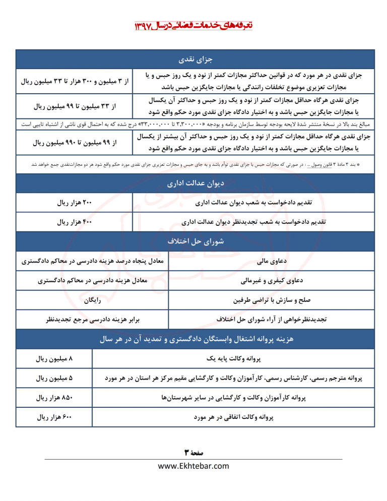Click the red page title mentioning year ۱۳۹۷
click(193, 25)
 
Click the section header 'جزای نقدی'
click(193, 60)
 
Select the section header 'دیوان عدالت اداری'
click(193, 184)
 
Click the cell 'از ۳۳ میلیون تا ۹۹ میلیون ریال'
click(75, 106)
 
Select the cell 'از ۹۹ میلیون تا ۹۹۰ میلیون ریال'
click(75, 143)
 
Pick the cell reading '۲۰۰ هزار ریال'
click(75, 203)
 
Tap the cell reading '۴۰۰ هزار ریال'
click(75, 222)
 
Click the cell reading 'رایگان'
click(91, 300)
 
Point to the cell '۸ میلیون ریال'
click(54, 359)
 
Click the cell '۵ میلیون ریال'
click(54, 378)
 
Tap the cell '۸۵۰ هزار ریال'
click(54, 398)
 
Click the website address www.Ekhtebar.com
click(193, 466)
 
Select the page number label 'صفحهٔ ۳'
click(193, 452)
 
